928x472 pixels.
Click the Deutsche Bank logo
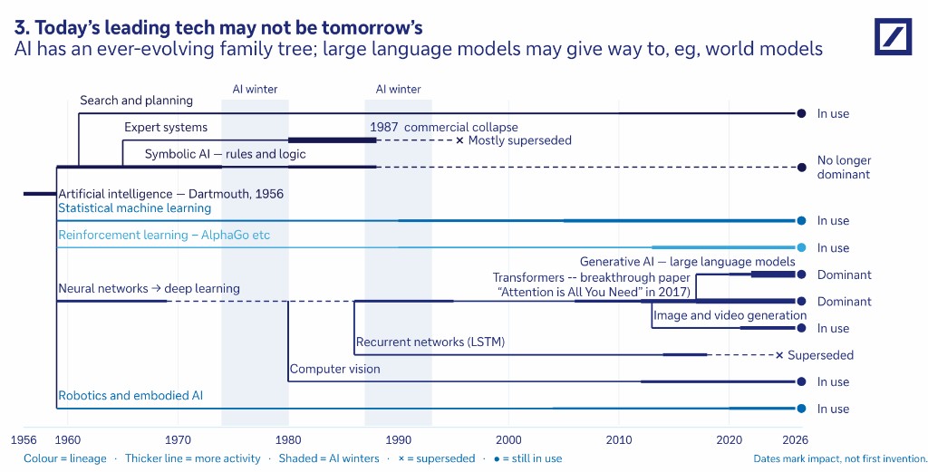click(x=893, y=36)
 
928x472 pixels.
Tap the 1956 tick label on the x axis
click(x=24, y=440)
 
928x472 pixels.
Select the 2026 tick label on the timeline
click(x=795, y=440)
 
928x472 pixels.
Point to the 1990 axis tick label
click(x=399, y=440)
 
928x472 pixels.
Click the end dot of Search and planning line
click(x=801, y=113)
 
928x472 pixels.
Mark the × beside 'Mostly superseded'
click(x=459, y=140)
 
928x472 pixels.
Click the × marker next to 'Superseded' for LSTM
click(x=779, y=355)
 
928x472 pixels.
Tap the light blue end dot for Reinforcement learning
click(x=801, y=248)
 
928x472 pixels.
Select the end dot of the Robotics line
click(x=801, y=409)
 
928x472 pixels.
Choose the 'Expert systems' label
click(x=166, y=127)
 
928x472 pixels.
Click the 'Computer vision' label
click(x=335, y=369)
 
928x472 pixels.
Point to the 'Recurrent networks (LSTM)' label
click(x=430, y=342)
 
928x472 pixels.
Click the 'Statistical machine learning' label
click(x=134, y=208)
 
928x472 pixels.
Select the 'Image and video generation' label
click(x=730, y=315)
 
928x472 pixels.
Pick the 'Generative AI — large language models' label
click(x=687, y=262)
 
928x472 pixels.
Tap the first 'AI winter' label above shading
click(x=255, y=90)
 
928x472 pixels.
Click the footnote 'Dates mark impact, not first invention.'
click(x=840, y=458)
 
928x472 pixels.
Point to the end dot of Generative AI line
click(x=801, y=275)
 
